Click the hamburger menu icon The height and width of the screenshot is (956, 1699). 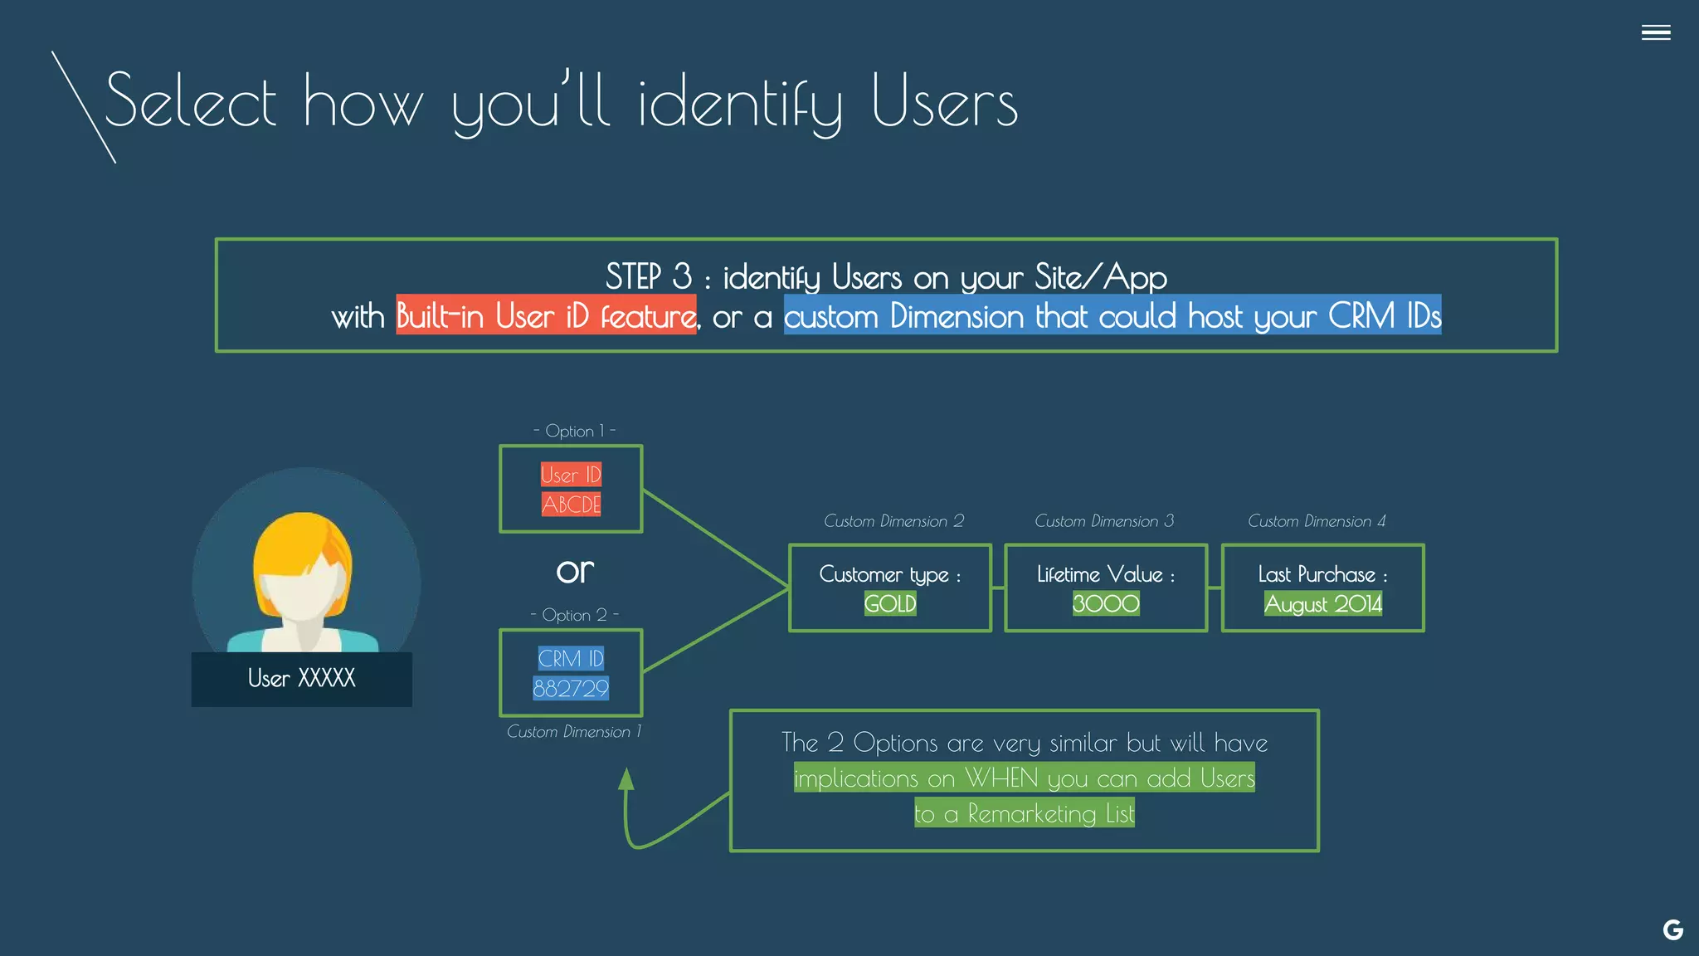pos(1655,32)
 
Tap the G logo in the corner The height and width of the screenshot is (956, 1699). pos(1672,929)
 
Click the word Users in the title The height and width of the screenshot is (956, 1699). pos(944,103)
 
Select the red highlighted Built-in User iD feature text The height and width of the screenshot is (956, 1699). pos(546,315)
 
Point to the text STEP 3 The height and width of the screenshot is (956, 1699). pos(648,276)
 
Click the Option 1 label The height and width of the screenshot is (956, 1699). pos(574,431)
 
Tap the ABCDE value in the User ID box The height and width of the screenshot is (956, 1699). pos(571,504)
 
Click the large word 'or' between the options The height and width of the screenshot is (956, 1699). pos(575,571)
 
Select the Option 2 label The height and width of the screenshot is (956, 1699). pos(574,615)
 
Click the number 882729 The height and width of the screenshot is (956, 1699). pos(571,688)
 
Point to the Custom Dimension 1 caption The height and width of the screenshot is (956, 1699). pos(574,732)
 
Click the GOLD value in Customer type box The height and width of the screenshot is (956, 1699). pos(889,603)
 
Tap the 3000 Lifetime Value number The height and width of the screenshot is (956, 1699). pos(1105,603)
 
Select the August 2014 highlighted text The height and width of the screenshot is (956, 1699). pos(1322,603)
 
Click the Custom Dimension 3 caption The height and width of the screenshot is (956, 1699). pos(1104,521)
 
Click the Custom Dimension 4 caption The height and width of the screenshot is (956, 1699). pos(1317,521)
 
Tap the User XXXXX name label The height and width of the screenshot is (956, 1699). pos(301,679)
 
